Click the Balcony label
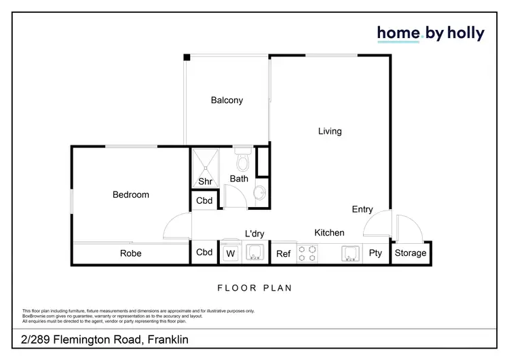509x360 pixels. coord(227,101)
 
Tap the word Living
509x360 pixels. coord(330,131)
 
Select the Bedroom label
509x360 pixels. coord(130,195)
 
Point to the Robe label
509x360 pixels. coord(130,253)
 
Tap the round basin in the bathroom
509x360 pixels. coord(258,193)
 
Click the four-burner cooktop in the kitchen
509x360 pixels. coord(307,253)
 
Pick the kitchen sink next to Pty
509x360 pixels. coord(349,253)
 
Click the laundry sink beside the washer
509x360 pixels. coord(254,253)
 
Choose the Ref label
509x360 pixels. coord(283,254)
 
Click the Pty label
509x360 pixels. coord(375,254)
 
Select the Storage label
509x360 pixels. coord(411,253)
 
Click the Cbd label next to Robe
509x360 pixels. coord(204,253)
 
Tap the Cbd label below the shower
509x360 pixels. coord(204,201)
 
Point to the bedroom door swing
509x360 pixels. coord(178,226)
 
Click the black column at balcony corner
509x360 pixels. coord(186,58)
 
